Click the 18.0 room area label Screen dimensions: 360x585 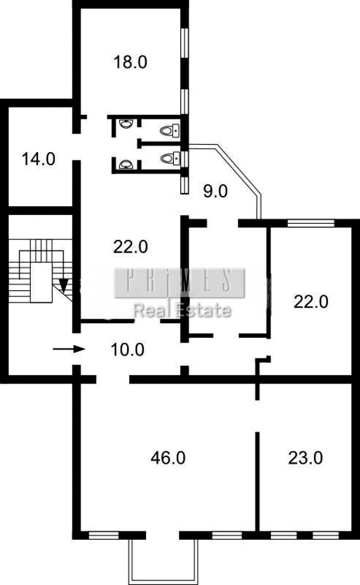pyautogui.click(x=130, y=62)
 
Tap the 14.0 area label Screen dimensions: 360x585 pyautogui.click(x=38, y=159)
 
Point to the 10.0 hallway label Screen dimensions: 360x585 pyautogui.click(x=128, y=350)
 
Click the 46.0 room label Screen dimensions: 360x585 pyautogui.click(x=168, y=458)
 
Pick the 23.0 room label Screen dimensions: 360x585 pyautogui.click(x=305, y=458)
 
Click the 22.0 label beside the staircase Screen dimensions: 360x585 pyautogui.click(x=131, y=247)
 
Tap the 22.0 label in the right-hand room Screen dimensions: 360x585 pyautogui.click(x=311, y=302)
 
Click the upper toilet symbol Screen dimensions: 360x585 pyautogui.click(x=170, y=130)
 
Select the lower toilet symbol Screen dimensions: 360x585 pyautogui.click(x=170, y=158)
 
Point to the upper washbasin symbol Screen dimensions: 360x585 pyautogui.click(x=126, y=123)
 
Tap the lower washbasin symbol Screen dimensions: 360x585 pyautogui.click(x=126, y=165)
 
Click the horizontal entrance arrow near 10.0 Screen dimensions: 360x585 pyautogui.click(x=69, y=349)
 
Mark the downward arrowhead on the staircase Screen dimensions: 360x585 pyautogui.click(x=63, y=286)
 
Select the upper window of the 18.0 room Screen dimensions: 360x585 pyautogui.click(x=185, y=43)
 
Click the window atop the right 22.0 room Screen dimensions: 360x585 pyautogui.click(x=311, y=223)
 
